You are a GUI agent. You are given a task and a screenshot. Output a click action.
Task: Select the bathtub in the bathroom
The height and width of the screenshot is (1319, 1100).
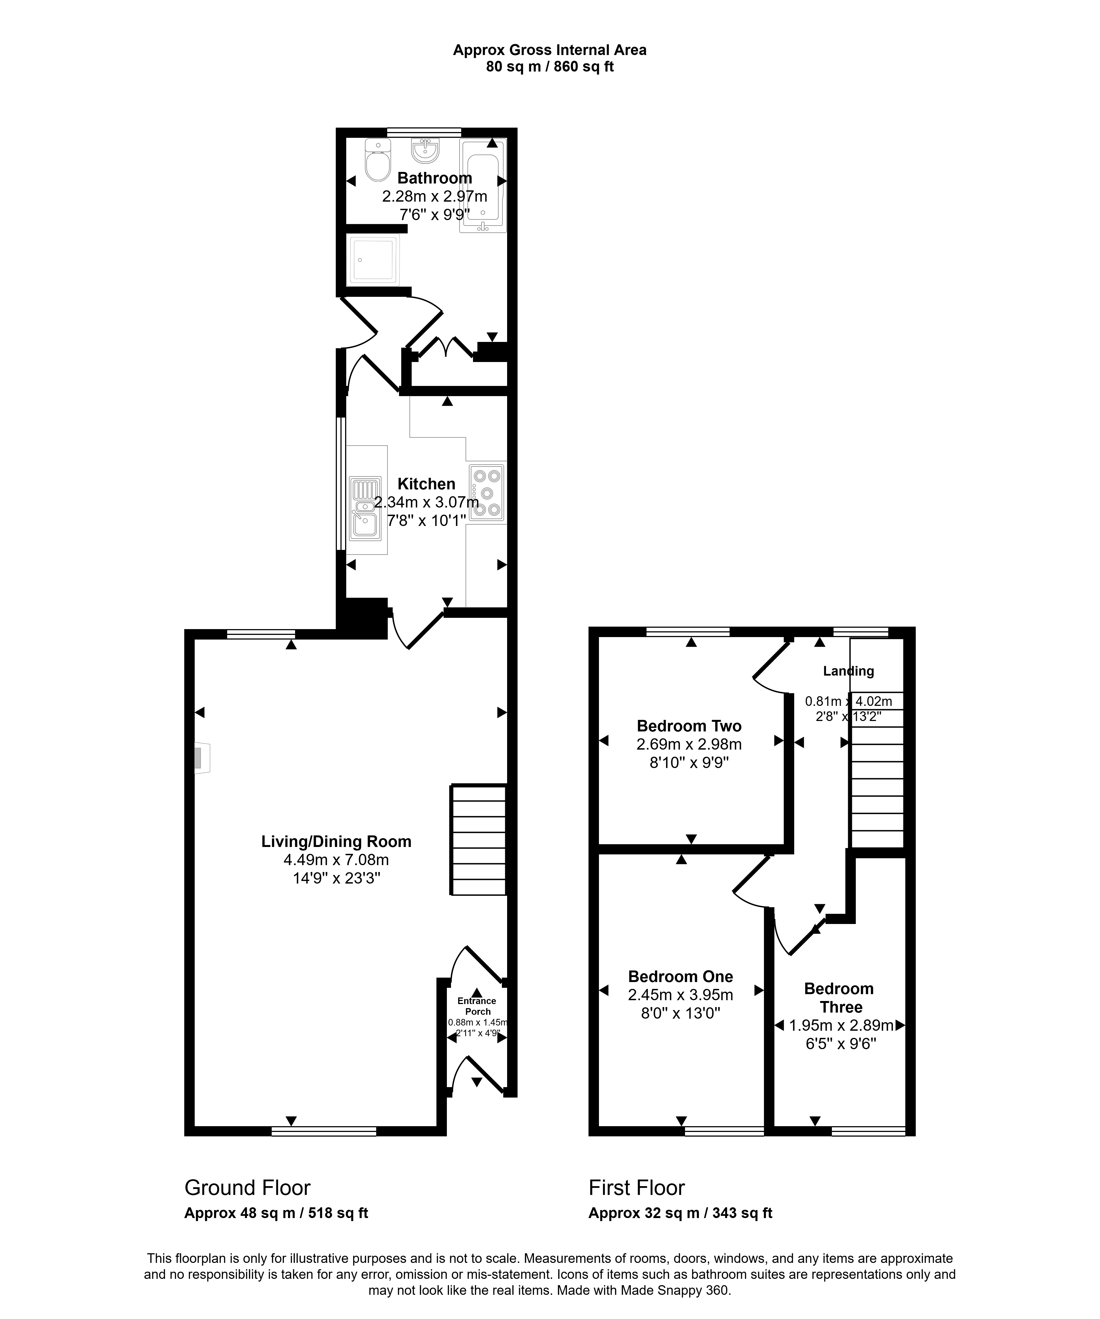point(483,186)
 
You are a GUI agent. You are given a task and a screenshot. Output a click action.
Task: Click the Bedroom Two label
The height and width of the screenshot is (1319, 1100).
point(689,726)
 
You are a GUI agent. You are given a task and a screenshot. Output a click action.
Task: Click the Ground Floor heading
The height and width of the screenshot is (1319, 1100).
point(248,1188)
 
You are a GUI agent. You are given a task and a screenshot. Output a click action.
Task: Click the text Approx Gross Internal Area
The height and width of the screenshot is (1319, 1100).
point(549,50)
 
